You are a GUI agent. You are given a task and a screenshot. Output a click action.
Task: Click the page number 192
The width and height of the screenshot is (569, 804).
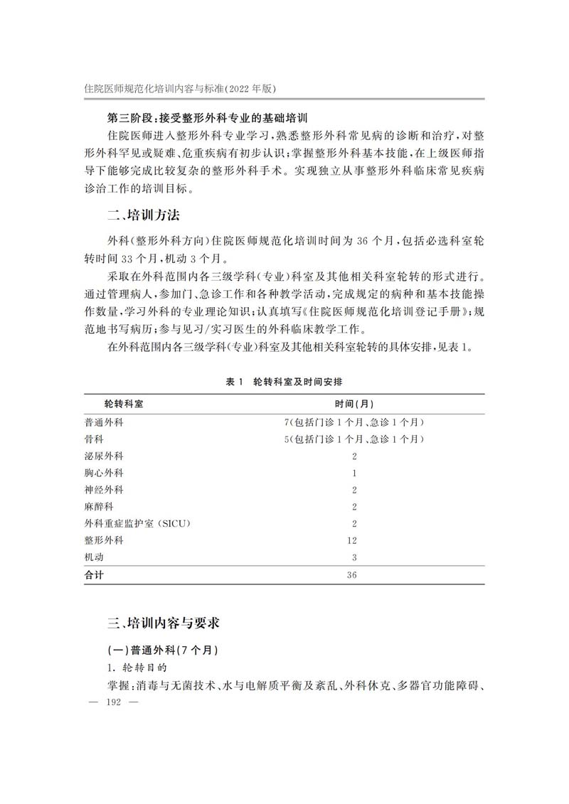coord(114,702)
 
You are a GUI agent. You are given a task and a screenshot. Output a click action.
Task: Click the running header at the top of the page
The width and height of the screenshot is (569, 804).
coord(180,88)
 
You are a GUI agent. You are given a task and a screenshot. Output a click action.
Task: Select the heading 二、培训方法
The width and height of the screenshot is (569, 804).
coord(148,215)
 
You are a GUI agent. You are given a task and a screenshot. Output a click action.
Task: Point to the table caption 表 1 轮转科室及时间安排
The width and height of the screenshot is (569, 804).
coord(283,382)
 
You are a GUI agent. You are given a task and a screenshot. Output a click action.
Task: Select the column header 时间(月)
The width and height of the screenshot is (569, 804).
coord(353,404)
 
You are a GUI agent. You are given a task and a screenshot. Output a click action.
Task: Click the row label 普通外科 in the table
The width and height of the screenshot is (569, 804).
coord(104,422)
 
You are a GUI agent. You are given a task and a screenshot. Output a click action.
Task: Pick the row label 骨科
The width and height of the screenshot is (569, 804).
coord(94,439)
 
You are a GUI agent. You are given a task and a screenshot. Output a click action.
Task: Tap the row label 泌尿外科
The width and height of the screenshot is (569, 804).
coord(104,456)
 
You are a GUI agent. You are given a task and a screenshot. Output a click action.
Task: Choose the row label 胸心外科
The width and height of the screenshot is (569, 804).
coord(104,473)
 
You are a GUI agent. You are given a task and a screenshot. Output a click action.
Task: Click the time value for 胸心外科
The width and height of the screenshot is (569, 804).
coord(353,473)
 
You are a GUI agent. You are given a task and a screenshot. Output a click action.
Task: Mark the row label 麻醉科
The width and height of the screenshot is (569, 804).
coord(99,507)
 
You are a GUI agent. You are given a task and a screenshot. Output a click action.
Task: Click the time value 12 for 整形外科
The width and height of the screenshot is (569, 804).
coord(353,541)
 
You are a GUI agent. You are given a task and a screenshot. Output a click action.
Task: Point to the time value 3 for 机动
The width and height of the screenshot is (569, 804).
coord(353,557)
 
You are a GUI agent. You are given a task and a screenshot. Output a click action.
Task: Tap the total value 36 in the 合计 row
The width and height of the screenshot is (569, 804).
coord(353,575)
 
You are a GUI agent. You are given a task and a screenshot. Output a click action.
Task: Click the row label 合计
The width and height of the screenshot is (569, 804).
coord(94,575)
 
